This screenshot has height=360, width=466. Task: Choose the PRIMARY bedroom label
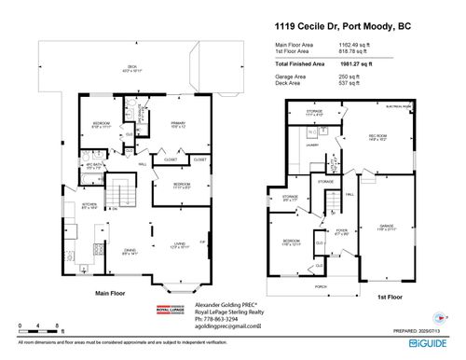[x=177, y=124]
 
